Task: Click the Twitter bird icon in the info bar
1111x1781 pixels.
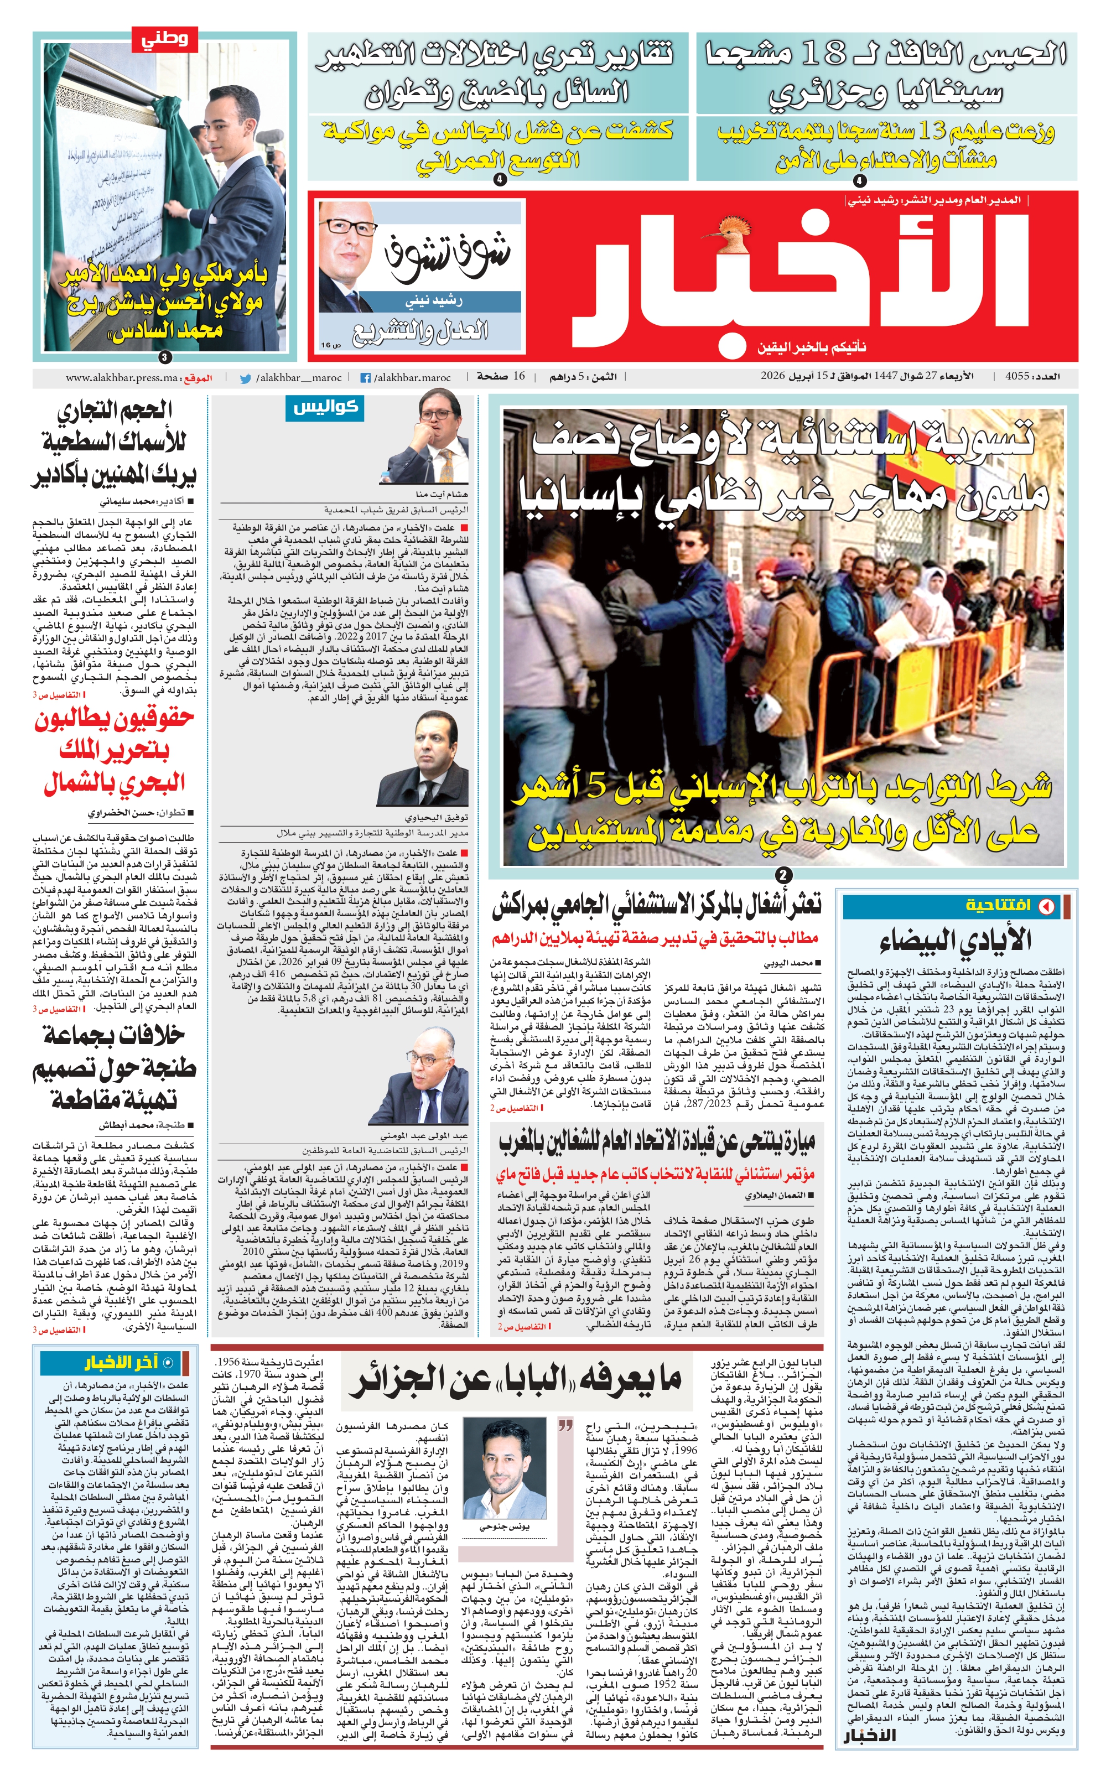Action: tap(246, 378)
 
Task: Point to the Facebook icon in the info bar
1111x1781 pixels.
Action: tap(365, 378)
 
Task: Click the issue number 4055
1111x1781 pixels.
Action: tap(1015, 376)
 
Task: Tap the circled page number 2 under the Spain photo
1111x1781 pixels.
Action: tap(784, 875)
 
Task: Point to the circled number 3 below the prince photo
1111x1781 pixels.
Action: tap(164, 357)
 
